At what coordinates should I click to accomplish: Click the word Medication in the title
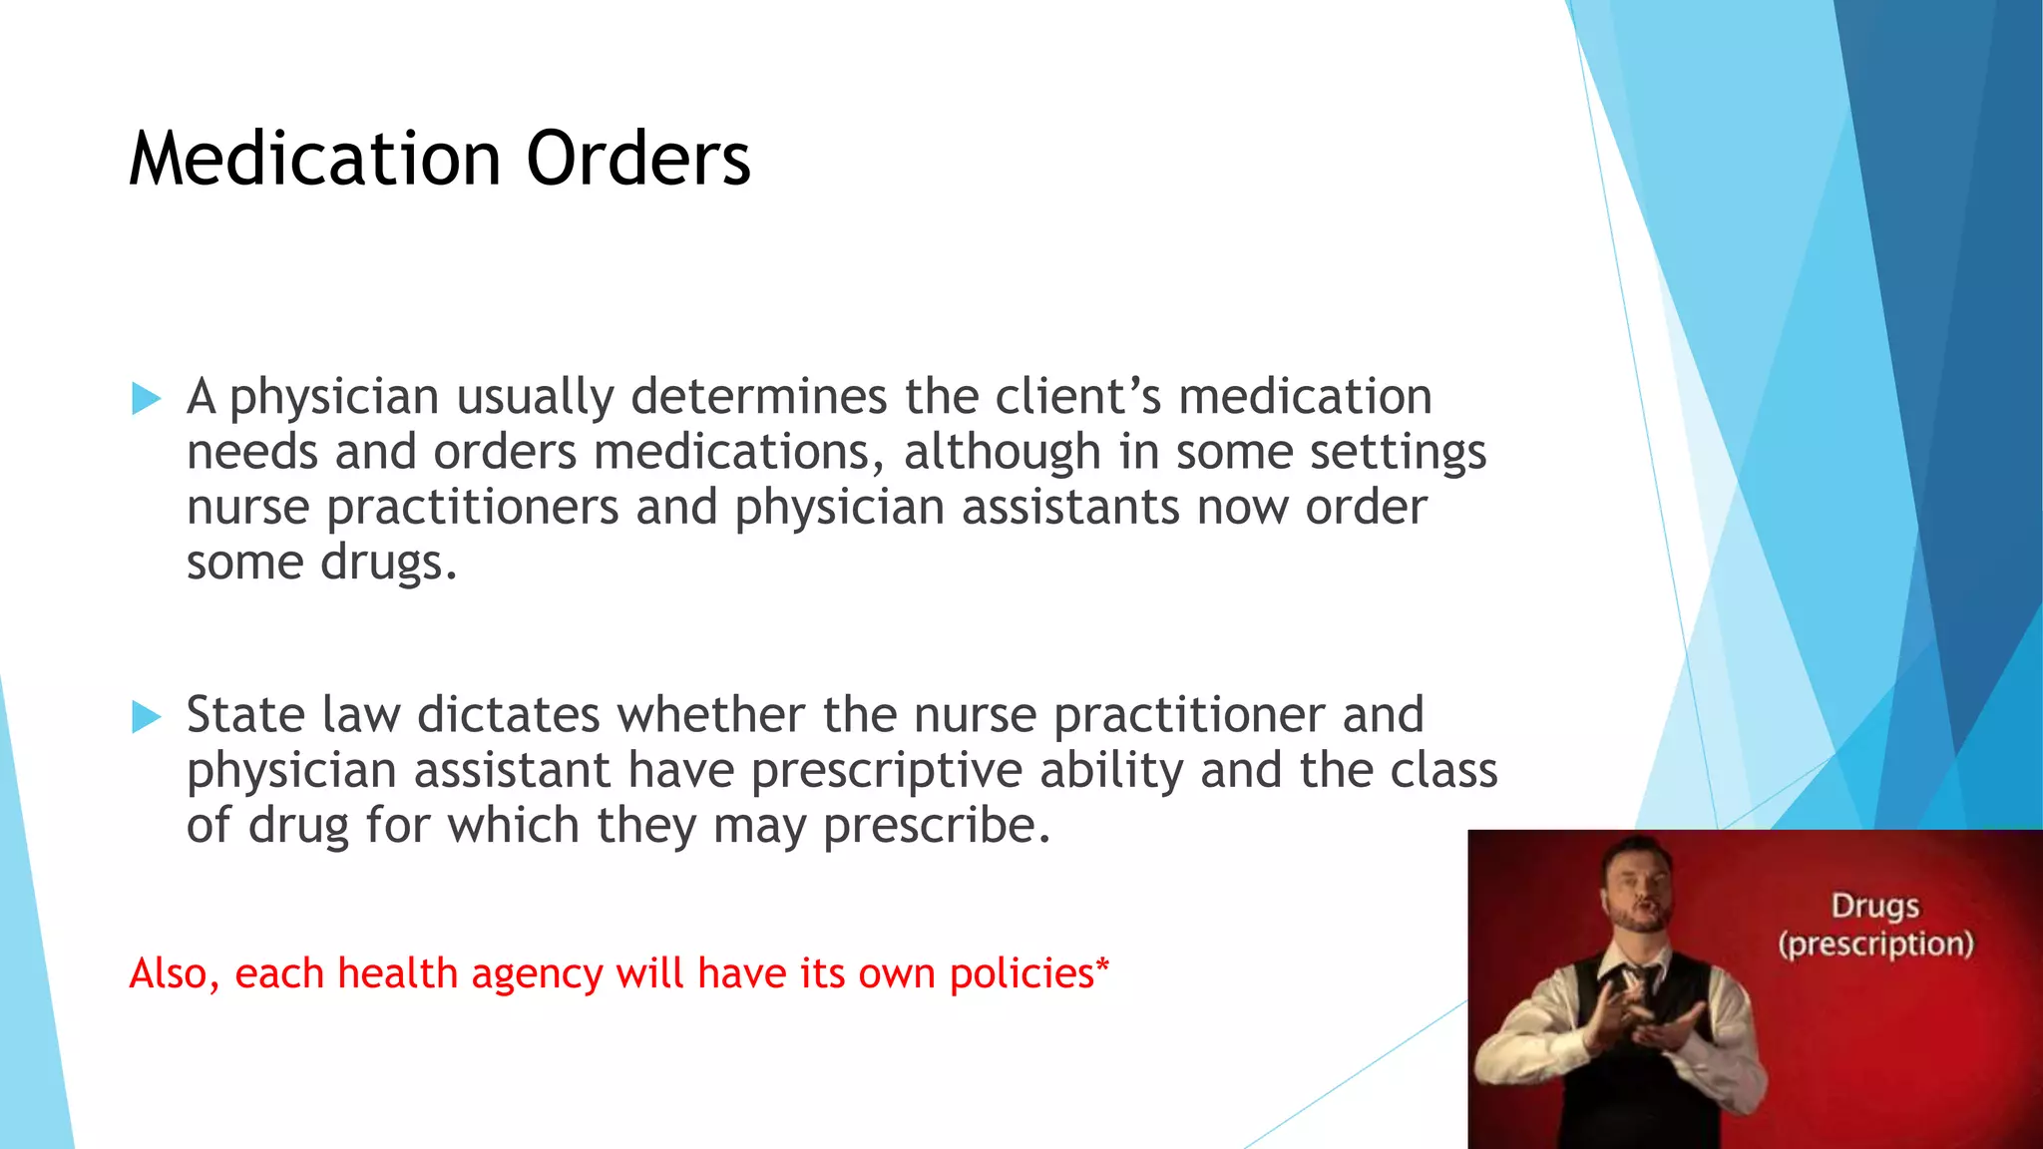(314, 160)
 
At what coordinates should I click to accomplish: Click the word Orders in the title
(638, 160)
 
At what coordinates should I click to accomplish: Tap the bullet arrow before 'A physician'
(146, 400)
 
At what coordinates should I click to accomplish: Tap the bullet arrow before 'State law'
(146, 717)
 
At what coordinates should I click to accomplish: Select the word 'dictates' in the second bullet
(509, 715)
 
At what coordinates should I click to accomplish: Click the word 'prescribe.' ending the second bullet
(937, 827)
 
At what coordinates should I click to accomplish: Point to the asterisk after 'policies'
(1102, 966)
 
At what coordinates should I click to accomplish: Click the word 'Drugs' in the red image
(1874, 907)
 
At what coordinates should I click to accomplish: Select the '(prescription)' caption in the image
(1875, 944)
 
